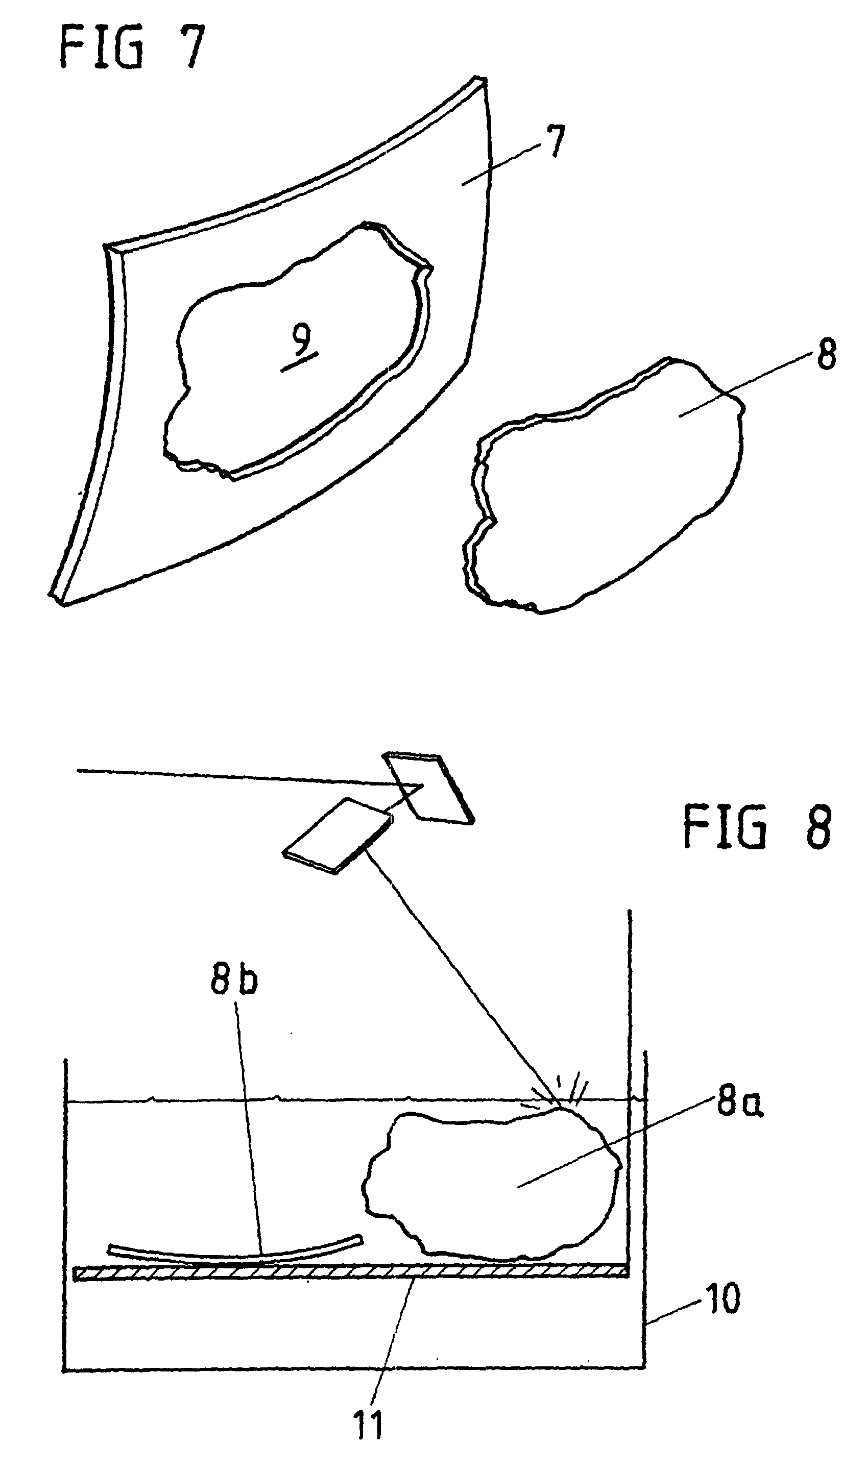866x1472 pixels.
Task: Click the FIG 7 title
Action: click(133, 48)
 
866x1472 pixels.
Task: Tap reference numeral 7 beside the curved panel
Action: click(556, 142)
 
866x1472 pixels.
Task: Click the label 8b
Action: click(234, 978)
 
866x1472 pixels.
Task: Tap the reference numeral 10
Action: click(724, 1299)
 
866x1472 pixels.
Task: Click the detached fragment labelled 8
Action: click(602, 497)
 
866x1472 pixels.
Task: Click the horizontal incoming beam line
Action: click(234, 777)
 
